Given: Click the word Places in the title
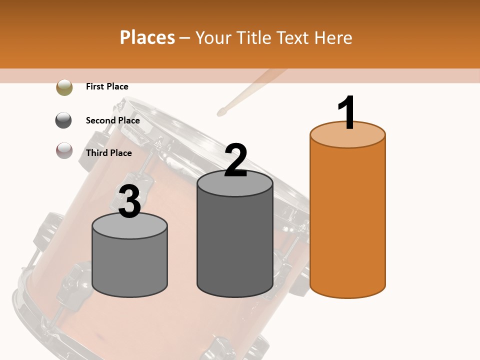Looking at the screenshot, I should click(147, 37).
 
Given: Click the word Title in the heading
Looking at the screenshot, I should click(253, 37).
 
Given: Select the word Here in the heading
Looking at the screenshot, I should click(333, 37).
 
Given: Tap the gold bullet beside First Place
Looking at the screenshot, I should click(64, 87).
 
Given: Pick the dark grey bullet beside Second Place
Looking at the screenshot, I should click(64, 120).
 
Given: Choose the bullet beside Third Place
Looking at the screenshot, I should click(64, 150).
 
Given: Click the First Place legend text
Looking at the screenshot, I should click(107, 86).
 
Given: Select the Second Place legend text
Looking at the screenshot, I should click(112, 120).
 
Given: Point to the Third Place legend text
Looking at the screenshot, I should click(108, 153).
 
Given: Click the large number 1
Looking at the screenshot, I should click(347, 112).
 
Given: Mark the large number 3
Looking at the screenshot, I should click(129, 201).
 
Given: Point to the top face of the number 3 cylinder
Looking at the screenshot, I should click(129, 226).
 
